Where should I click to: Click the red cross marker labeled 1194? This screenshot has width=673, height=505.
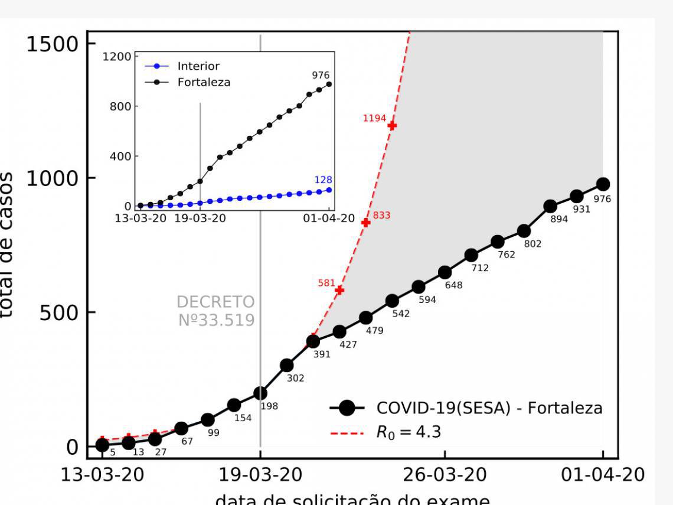392,126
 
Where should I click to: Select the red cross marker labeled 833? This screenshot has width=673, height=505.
365,223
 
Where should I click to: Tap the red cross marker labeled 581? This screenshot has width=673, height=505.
339,290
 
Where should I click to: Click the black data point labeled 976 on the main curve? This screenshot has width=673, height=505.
603,184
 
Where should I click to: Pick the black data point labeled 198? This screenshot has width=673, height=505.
260,393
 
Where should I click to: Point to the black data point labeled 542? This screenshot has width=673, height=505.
392,301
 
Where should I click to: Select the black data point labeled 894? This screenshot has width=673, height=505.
550,206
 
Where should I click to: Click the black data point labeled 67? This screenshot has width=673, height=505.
181,428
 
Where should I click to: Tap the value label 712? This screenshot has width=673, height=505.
480,268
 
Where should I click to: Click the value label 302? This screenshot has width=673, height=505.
295,378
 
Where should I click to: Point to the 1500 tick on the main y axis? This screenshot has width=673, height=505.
53,44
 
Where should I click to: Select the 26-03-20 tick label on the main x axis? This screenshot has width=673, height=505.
445,475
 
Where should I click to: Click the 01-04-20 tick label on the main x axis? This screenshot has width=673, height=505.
603,475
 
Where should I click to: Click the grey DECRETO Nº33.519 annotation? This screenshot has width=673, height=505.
216,311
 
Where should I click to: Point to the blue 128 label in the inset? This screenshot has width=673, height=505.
323,180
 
